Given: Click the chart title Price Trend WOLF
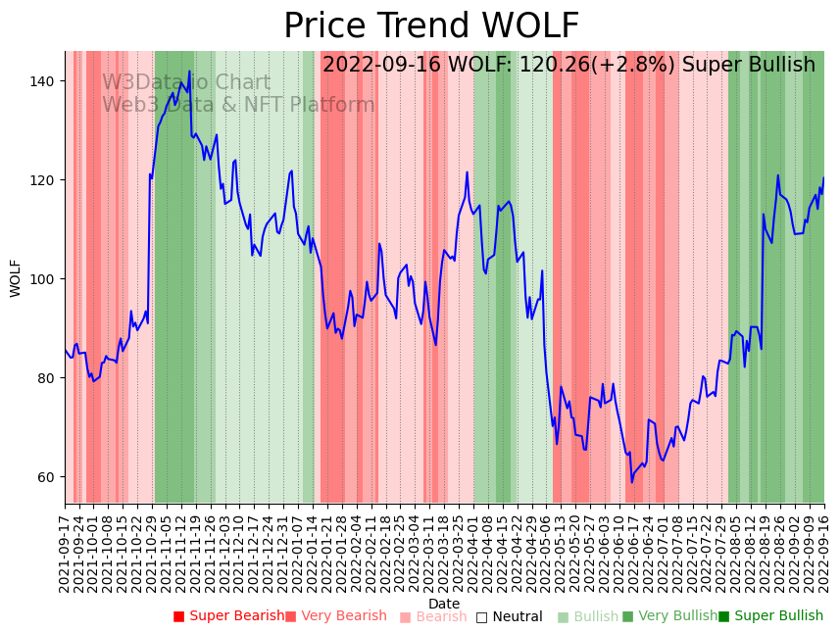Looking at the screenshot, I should point(431,26).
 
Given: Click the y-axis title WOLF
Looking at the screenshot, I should point(16,278).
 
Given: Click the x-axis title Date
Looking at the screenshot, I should point(444,605).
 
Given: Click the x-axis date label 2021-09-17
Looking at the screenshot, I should point(66,550).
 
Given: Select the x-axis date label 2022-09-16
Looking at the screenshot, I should point(824,550).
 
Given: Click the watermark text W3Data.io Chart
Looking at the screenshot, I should point(186,83).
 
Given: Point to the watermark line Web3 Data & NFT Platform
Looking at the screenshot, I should point(238,105).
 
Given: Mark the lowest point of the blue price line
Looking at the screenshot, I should point(632,482).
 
